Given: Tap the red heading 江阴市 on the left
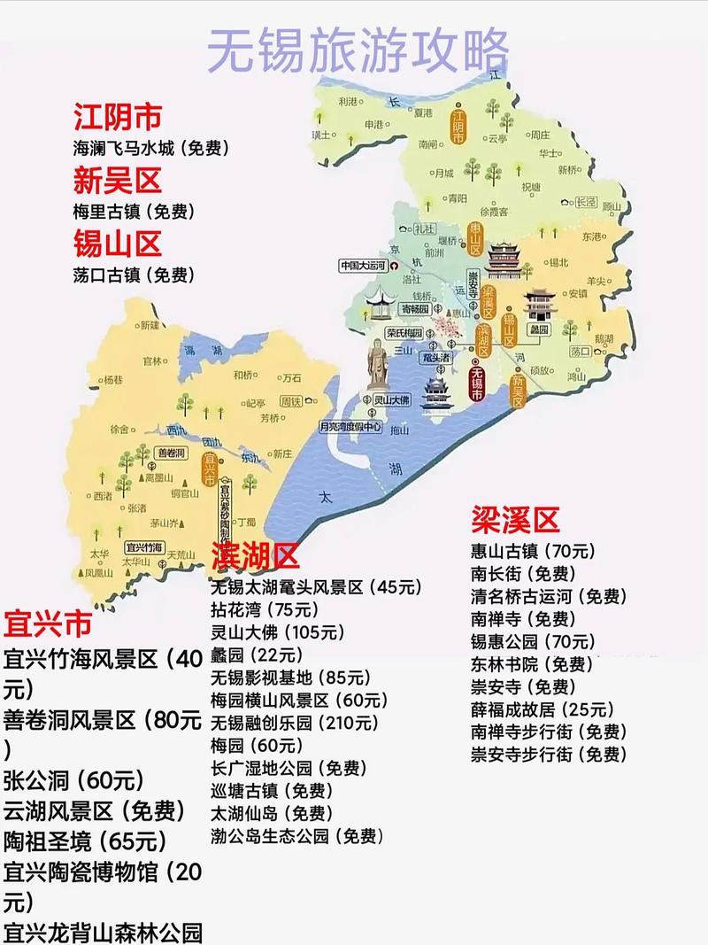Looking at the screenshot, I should pos(118,118).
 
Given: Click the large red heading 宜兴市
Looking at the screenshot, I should pos(48,624).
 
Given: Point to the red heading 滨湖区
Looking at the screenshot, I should pos(255,556).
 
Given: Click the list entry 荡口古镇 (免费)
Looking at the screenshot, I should pos(134,275).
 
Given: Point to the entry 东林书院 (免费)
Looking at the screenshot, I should pos(531,663).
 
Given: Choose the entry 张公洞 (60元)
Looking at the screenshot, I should pos(73,780).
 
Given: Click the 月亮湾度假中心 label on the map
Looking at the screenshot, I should pos(350,425).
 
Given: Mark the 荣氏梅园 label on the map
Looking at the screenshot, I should pos(405,334).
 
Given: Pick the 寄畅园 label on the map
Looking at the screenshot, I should pos(414,310).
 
